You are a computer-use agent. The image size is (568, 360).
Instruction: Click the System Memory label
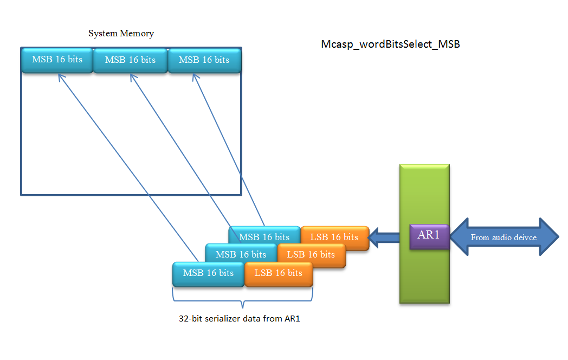point(121,34)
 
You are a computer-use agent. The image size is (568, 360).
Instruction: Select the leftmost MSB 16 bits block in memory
point(57,60)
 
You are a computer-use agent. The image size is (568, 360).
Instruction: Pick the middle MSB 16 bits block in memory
point(130,60)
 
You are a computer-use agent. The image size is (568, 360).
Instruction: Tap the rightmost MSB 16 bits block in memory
point(204,60)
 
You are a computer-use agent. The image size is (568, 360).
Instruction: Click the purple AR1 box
point(429,236)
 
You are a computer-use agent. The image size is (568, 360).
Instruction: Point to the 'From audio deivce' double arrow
point(504,237)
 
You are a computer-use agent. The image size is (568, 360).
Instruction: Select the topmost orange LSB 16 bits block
point(334,237)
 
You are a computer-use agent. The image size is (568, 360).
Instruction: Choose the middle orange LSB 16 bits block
point(311,254)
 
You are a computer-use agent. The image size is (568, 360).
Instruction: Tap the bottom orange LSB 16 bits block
point(279,273)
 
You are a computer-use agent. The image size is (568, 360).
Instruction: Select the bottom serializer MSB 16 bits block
point(208,273)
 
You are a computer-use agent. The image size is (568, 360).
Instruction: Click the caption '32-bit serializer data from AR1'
point(239,319)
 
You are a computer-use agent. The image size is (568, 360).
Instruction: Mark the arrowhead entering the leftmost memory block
point(59,76)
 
